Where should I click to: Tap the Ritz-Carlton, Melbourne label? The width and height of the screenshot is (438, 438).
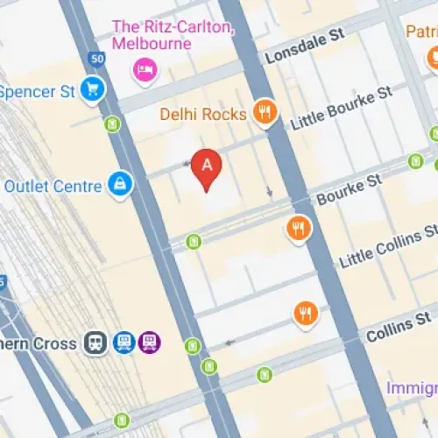(x=173, y=34)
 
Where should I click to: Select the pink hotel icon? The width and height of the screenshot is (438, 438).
(x=144, y=68)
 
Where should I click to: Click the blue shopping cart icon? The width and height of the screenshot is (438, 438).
(x=92, y=88)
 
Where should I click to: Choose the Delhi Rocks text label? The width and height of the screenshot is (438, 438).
(x=202, y=114)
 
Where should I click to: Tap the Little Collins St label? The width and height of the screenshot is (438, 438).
(x=386, y=246)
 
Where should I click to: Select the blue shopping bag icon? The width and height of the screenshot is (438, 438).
(x=120, y=183)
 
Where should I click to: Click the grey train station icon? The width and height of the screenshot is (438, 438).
(x=95, y=343)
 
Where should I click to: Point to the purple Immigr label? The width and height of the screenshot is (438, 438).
(x=412, y=386)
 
